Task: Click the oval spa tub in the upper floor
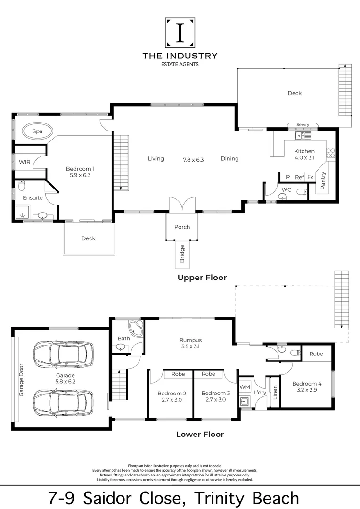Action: pyautogui.click(x=37, y=131)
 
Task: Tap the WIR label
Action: pyautogui.click(x=25, y=162)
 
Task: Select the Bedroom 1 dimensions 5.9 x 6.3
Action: pyautogui.click(x=80, y=175)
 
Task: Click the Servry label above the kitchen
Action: pyautogui.click(x=303, y=124)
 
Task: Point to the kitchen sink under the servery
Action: pyautogui.click(x=303, y=135)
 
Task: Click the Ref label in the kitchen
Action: pyautogui.click(x=300, y=177)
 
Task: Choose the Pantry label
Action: pyautogui.click(x=323, y=181)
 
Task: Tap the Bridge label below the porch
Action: pyautogui.click(x=182, y=254)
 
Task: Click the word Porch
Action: pyautogui.click(x=182, y=227)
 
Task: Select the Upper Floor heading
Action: pyautogui.click(x=202, y=278)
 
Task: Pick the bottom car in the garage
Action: pyautogui.click(x=63, y=402)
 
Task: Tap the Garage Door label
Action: pyautogui.click(x=21, y=380)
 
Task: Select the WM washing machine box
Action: pyautogui.click(x=245, y=387)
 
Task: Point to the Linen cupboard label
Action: pyautogui.click(x=275, y=392)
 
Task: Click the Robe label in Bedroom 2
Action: pyautogui.click(x=178, y=374)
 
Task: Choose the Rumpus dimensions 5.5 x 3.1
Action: pyautogui.click(x=190, y=346)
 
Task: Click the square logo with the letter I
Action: pyautogui.click(x=180, y=33)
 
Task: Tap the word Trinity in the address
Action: pyautogui.click(x=219, y=498)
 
